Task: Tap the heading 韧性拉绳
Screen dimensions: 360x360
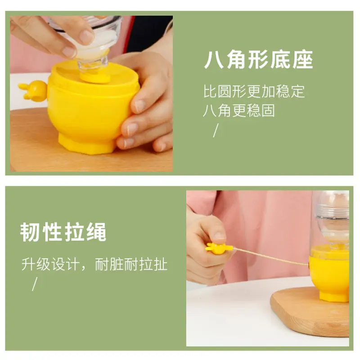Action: [63, 232]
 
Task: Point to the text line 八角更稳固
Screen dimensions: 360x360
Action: [238, 111]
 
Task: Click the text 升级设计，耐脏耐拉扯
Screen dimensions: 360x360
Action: [94, 264]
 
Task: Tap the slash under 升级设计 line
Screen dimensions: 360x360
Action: [34, 284]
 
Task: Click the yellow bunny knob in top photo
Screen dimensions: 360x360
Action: [34, 90]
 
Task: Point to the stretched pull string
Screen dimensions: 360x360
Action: [270, 256]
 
